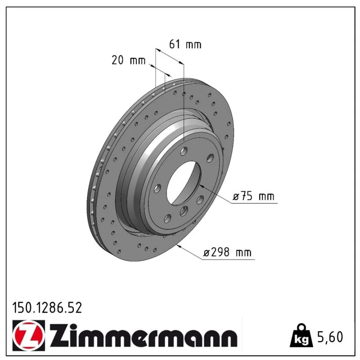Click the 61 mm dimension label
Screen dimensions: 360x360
pos(185,44)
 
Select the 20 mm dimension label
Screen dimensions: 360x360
pos(129,60)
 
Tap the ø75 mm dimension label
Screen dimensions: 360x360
pos(253,196)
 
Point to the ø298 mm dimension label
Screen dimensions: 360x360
pos(228,252)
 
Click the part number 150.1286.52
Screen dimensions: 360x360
pos(47,308)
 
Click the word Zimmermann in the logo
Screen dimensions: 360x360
pos(144,336)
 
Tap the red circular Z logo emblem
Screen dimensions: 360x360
pos(29,335)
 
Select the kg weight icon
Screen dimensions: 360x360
pos(301,336)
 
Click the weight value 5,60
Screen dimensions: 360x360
pos(330,337)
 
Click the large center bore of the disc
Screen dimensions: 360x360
pos(184,183)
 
